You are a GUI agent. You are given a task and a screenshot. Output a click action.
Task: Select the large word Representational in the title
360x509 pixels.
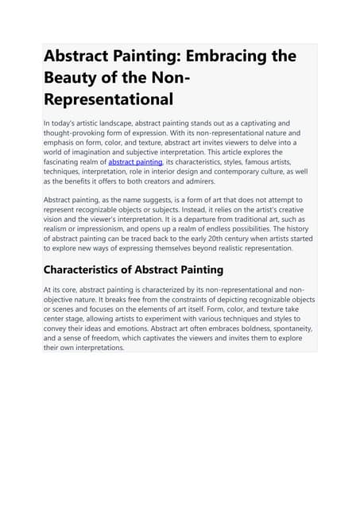[x=108, y=100]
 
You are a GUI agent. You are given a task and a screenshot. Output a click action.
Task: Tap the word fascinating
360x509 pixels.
[x=63, y=161]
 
